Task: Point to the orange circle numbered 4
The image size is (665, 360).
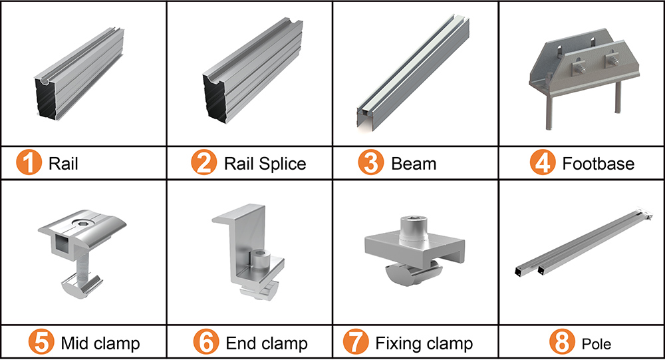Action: tap(543, 163)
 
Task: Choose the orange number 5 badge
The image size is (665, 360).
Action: tap(41, 343)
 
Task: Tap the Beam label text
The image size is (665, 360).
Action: tap(414, 164)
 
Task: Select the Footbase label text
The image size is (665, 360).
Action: tap(598, 164)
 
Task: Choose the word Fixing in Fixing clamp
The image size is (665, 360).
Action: tap(398, 343)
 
